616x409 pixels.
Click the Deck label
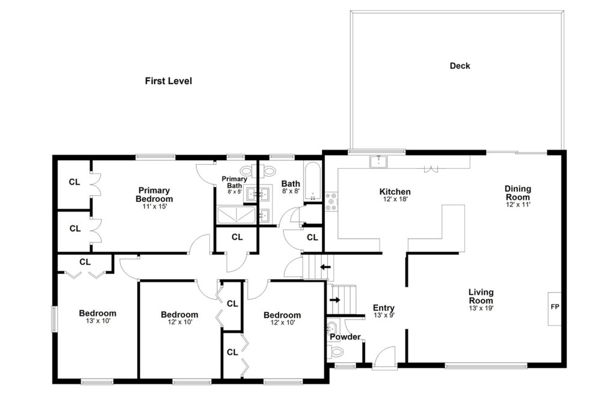click(460, 66)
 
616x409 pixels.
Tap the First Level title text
click(168, 81)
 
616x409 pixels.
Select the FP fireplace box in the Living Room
click(554, 309)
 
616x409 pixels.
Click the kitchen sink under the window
click(378, 162)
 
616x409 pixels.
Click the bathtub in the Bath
click(312, 181)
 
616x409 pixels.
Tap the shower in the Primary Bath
click(236, 215)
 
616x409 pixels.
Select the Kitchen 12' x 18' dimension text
click(395, 199)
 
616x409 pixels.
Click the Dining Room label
click(518, 193)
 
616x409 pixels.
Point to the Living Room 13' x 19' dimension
click(481, 308)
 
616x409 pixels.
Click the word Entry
click(383, 308)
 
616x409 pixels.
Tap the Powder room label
click(345, 337)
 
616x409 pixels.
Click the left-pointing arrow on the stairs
click(325, 267)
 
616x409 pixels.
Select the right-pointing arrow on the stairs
click(335, 300)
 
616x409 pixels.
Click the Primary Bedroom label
click(154, 195)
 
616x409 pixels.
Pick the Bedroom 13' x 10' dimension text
click(98, 321)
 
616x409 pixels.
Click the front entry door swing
click(384, 357)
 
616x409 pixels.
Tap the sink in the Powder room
click(333, 327)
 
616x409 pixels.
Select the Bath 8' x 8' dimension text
click(291, 192)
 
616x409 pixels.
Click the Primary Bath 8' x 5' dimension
click(235, 192)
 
